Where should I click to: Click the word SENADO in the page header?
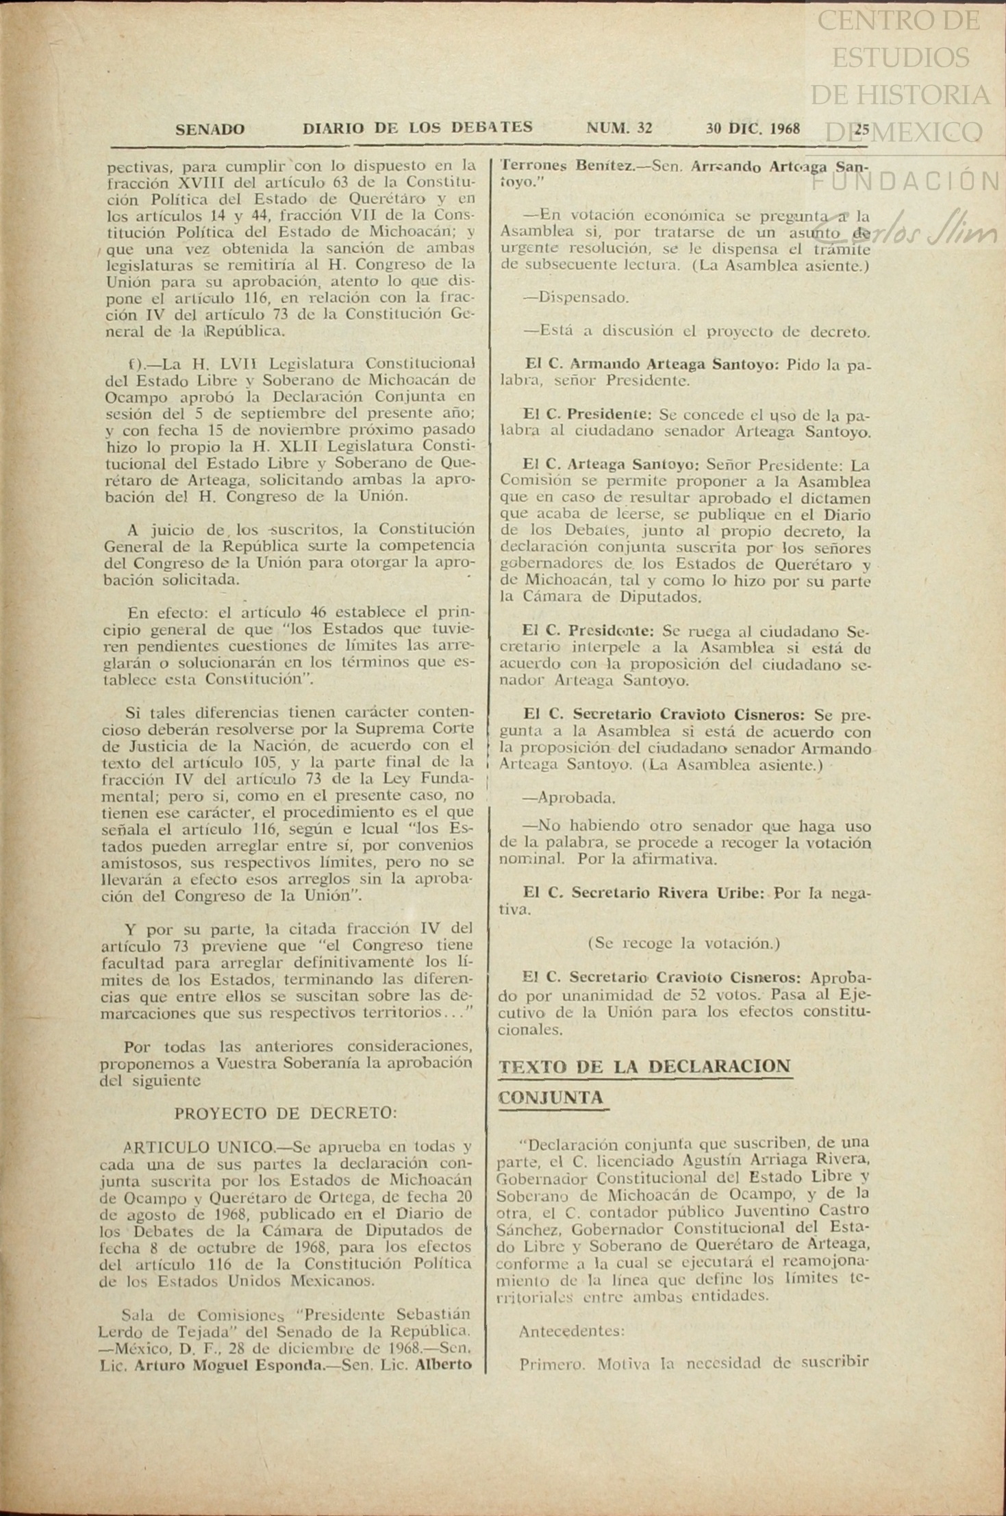click(x=210, y=129)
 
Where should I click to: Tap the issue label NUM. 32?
click(x=619, y=128)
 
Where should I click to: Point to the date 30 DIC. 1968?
click(x=753, y=128)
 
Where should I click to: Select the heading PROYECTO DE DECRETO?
click(x=286, y=1113)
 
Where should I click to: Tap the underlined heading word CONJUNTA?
click(x=551, y=1097)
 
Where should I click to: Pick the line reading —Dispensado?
click(x=575, y=298)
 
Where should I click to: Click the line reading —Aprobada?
click(x=568, y=798)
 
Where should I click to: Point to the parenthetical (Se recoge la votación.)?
click(x=684, y=943)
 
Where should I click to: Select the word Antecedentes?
click(x=572, y=1331)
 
